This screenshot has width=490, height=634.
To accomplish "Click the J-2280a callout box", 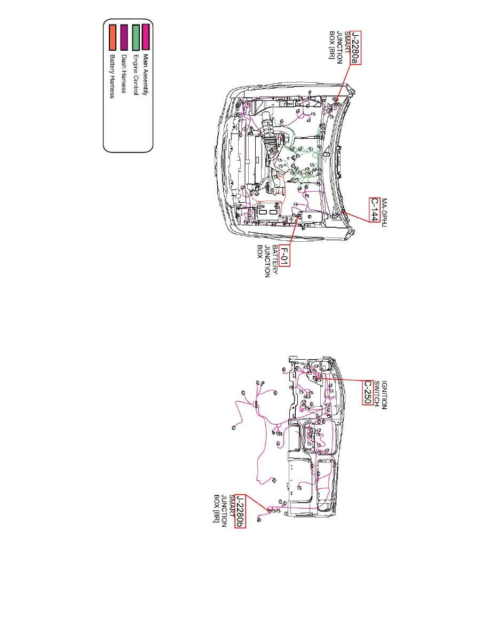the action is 355,47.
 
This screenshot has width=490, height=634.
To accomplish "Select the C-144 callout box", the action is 374,210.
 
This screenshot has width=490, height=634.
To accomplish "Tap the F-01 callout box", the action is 284,256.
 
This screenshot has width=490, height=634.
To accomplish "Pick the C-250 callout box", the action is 367,392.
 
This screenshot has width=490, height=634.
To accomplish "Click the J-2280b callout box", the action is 240,511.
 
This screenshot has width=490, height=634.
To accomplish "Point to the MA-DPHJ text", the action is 384,213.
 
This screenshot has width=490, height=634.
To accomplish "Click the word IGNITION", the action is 384,395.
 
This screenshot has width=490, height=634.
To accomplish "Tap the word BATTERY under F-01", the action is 275,260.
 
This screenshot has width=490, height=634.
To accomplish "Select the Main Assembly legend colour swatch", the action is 146,37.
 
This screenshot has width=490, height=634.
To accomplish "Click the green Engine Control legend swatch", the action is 136,37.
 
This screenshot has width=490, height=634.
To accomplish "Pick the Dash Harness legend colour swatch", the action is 124,37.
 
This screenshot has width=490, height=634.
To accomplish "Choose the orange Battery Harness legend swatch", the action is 113,37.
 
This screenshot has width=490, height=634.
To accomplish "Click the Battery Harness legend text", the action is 113,76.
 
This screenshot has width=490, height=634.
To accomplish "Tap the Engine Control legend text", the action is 136,75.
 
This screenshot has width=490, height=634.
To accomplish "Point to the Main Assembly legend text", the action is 146,75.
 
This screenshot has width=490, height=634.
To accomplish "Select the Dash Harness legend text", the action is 124,74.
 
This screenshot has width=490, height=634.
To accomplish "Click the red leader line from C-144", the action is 356,216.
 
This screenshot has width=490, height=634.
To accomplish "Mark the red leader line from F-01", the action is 294,231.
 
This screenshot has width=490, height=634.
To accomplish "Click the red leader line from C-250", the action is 339,379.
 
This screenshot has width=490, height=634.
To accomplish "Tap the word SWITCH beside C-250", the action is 376,394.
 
